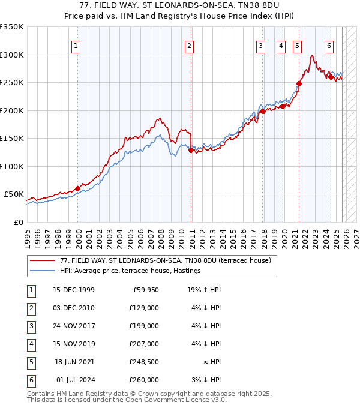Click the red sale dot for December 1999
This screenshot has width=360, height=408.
[77, 188]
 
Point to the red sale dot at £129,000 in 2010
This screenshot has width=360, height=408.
[191, 151]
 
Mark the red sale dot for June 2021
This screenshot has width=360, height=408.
[299, 83]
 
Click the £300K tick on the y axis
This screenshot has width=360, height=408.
[12, 55]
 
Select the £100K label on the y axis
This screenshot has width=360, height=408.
[12, 166]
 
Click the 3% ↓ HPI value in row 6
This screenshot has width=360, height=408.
[206, 380]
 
